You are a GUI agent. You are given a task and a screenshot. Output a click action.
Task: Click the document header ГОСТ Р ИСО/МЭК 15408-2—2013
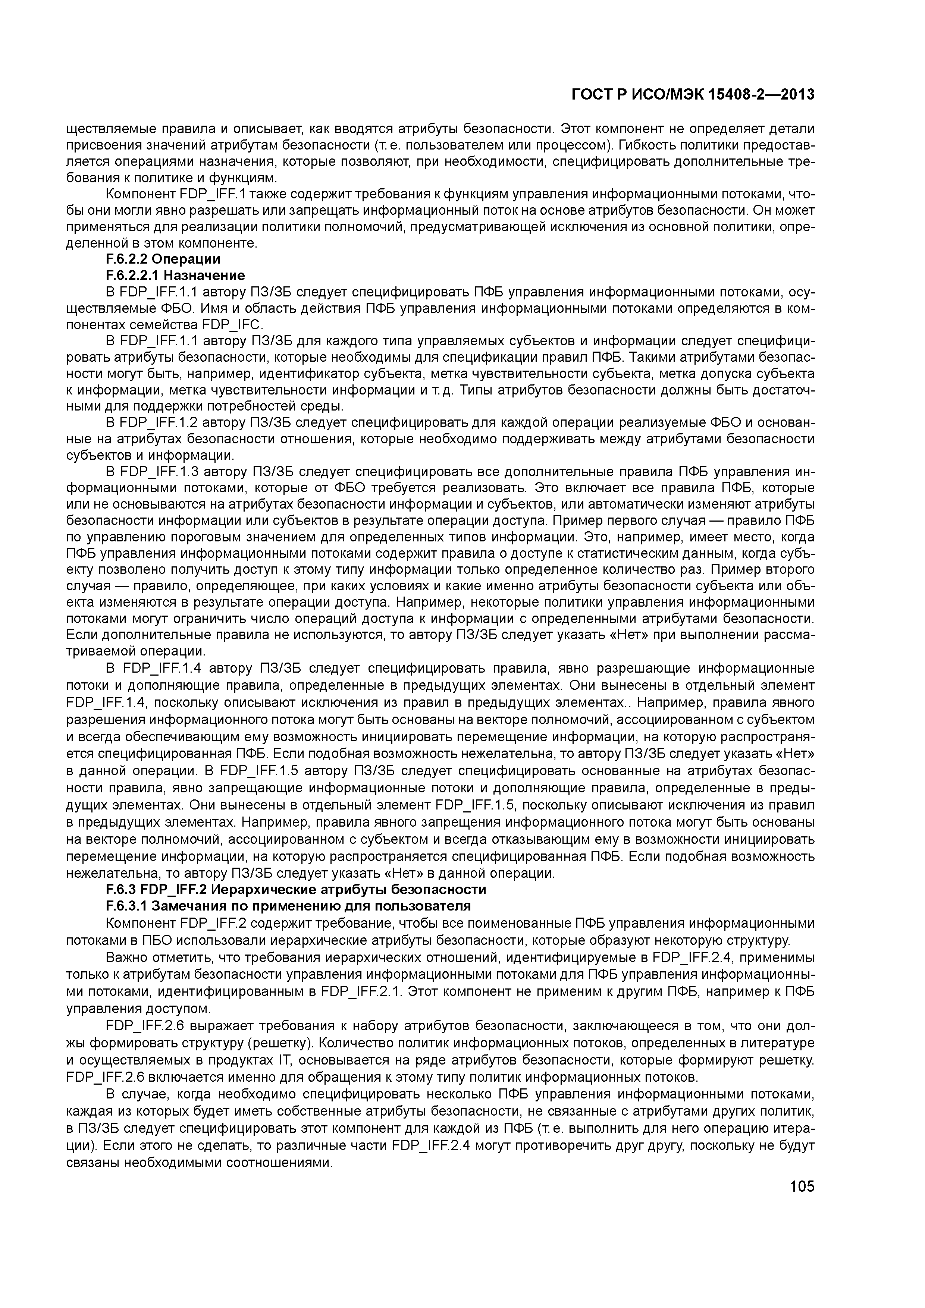[x=693, y=95]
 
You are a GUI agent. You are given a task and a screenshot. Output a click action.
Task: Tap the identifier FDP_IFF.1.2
[x=151, y=423]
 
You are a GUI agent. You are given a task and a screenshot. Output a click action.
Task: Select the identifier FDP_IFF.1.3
[x=151, y=472]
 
